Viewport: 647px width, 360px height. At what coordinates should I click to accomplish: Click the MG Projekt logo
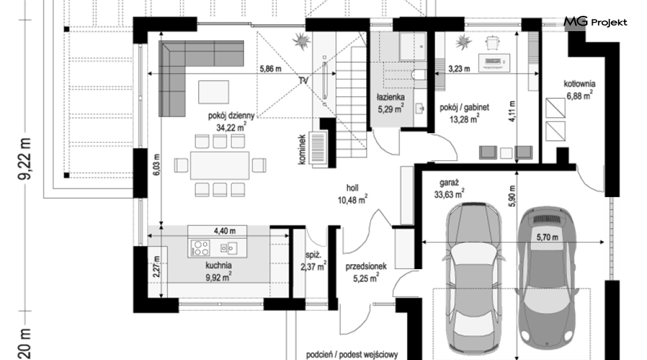(x=595, y=21)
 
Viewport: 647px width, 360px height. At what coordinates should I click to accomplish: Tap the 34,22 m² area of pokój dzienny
(x=231, y=127)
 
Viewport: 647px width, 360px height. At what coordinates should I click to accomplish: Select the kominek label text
(x=302, y=149)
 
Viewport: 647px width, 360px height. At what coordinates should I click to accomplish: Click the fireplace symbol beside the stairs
(x=318, y=148)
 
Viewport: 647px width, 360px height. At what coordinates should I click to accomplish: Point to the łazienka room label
(x=391, y=97)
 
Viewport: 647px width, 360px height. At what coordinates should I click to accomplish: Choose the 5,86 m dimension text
(x=270, y=69)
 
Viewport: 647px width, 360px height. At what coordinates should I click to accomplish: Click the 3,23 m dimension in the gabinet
(x=459, y=69)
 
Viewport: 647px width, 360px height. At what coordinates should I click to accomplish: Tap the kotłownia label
(x=579, y=84)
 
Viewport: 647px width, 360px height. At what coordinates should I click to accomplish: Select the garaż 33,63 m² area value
(x=449, y=193)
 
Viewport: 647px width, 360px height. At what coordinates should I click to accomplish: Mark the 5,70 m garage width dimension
(x=547, y=237)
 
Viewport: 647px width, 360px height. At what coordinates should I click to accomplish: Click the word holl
(x=352, y=188)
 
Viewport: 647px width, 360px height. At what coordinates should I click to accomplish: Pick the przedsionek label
(x=366, y=267)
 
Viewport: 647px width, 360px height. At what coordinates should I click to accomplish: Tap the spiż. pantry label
(x=313, y=255)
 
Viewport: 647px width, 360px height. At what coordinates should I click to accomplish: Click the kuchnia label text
(x=219, y=265)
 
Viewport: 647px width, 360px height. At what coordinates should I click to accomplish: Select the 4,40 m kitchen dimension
(x=225, y=231)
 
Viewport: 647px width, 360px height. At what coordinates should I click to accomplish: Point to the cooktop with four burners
(x=200, y=248)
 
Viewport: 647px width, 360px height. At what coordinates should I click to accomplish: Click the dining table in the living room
(x=220, y=165)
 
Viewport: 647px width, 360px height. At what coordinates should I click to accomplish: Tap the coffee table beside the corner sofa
(x=214, y=92)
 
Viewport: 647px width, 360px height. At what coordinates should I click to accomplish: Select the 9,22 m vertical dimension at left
(x=25, y=159)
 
